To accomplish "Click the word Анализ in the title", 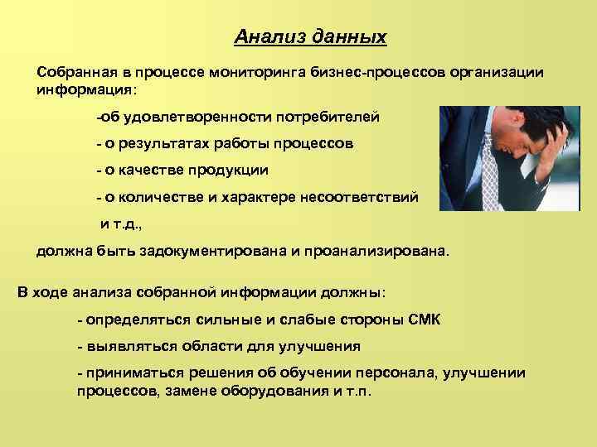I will click(265, 37).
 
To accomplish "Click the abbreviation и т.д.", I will click(120, 223).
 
